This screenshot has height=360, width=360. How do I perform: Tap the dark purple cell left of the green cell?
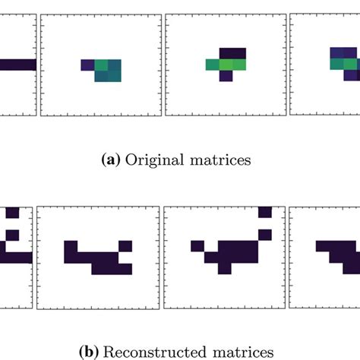[x=88, y=65]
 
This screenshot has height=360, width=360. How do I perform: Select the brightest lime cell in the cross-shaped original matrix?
[x=238, y=65]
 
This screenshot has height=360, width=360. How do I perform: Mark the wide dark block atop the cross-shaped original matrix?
[x=232, y=52]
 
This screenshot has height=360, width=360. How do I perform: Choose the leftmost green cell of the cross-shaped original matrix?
[x=213, y=65]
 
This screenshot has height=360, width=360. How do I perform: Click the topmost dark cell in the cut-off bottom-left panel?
[x=12, y=212]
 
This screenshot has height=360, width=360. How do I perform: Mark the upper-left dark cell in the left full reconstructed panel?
[x=71, y=246]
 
